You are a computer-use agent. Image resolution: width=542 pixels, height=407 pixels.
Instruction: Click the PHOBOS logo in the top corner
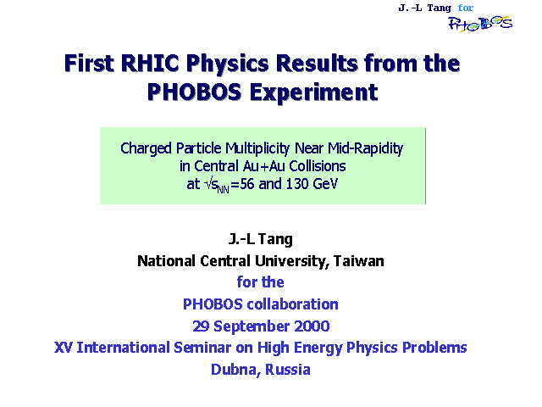click(480, 24)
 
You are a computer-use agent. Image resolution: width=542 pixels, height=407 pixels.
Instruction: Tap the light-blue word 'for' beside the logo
click(465, 8)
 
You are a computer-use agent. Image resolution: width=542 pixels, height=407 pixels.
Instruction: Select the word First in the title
click(89, 64)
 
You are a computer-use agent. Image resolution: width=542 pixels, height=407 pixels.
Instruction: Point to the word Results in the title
click(317, 64)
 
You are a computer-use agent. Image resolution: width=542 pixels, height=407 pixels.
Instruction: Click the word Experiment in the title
click(313, 92)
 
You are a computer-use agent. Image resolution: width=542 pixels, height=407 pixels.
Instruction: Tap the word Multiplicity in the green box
click(257, 148)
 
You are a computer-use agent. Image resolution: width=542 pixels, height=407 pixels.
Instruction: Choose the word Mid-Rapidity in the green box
click(365, 148)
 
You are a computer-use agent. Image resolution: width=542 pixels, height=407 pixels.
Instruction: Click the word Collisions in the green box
click(318, 166)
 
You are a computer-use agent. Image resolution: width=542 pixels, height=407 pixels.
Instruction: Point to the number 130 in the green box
click(297, 184)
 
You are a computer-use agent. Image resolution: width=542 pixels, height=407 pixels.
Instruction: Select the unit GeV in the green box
click(325, 184)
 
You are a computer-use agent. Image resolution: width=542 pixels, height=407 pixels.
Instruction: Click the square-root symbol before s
click(208, 184)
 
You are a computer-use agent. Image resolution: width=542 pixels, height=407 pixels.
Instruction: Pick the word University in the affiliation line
click(291, 261)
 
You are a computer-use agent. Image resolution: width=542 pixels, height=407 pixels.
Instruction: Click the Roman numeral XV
click(64, 348)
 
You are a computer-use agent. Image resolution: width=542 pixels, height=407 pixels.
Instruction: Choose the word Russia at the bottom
click(288, 370)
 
